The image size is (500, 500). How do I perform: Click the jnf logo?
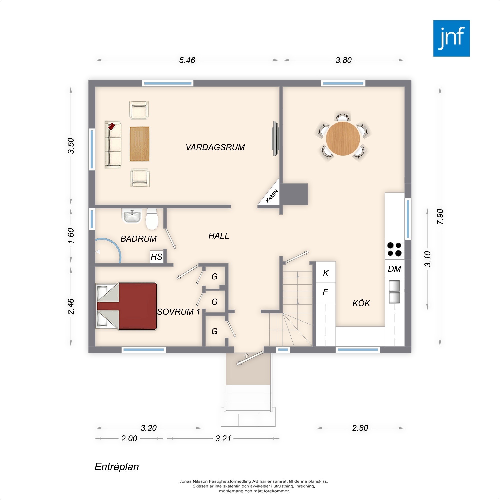451,38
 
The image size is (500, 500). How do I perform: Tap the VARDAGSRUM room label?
215,147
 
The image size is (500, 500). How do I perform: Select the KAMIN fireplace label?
272,196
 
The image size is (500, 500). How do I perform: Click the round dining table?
343,139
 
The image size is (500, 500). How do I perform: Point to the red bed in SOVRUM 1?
127,306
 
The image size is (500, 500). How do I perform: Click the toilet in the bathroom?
152,219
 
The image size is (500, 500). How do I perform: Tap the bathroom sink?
132,216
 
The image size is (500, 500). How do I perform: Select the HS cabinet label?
156,257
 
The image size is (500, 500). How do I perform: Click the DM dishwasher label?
394,269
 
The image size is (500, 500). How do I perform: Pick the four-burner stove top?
394,249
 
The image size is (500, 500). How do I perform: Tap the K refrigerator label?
326,273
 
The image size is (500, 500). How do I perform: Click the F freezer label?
325,292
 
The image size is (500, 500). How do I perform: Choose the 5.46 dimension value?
187,60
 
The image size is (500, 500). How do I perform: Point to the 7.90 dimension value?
440,216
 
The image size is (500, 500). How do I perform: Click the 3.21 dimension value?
223,439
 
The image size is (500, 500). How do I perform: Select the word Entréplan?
117,467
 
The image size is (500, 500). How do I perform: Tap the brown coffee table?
139,144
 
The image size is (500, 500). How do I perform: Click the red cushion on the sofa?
111,126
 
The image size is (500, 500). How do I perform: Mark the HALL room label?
219,236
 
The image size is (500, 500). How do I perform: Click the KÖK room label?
361,303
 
